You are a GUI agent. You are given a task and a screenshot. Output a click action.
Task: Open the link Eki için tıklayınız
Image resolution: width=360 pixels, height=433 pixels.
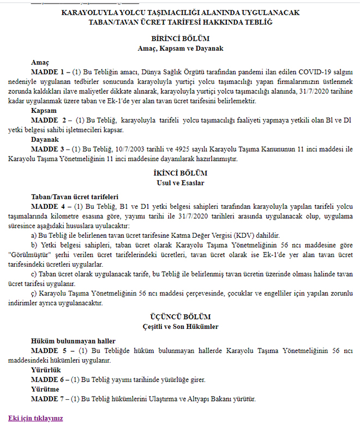tap(35, 418)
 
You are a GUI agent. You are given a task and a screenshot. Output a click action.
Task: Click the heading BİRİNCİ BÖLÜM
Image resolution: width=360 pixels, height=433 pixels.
tap(180, 39)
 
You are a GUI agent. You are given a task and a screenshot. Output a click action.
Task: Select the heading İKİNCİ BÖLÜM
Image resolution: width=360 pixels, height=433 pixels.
tap(180, 172)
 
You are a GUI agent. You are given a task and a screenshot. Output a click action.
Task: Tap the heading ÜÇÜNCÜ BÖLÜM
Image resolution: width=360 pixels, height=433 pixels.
tap(180, 317)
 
